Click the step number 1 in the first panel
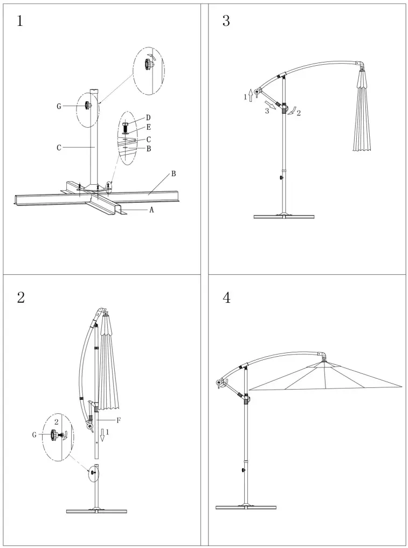click(20, 22)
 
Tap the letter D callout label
click(148, 117)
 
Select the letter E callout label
click(148, 128)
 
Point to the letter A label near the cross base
click(151, 210)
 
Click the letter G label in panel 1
click(59, 106)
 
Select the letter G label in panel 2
click(34, 435)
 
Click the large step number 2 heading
click(20, 297)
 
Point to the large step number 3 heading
click(226, 22)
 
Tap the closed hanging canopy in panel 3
click(363, 113)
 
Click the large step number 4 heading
click(226, 297)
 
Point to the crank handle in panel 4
click(221, 384)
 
